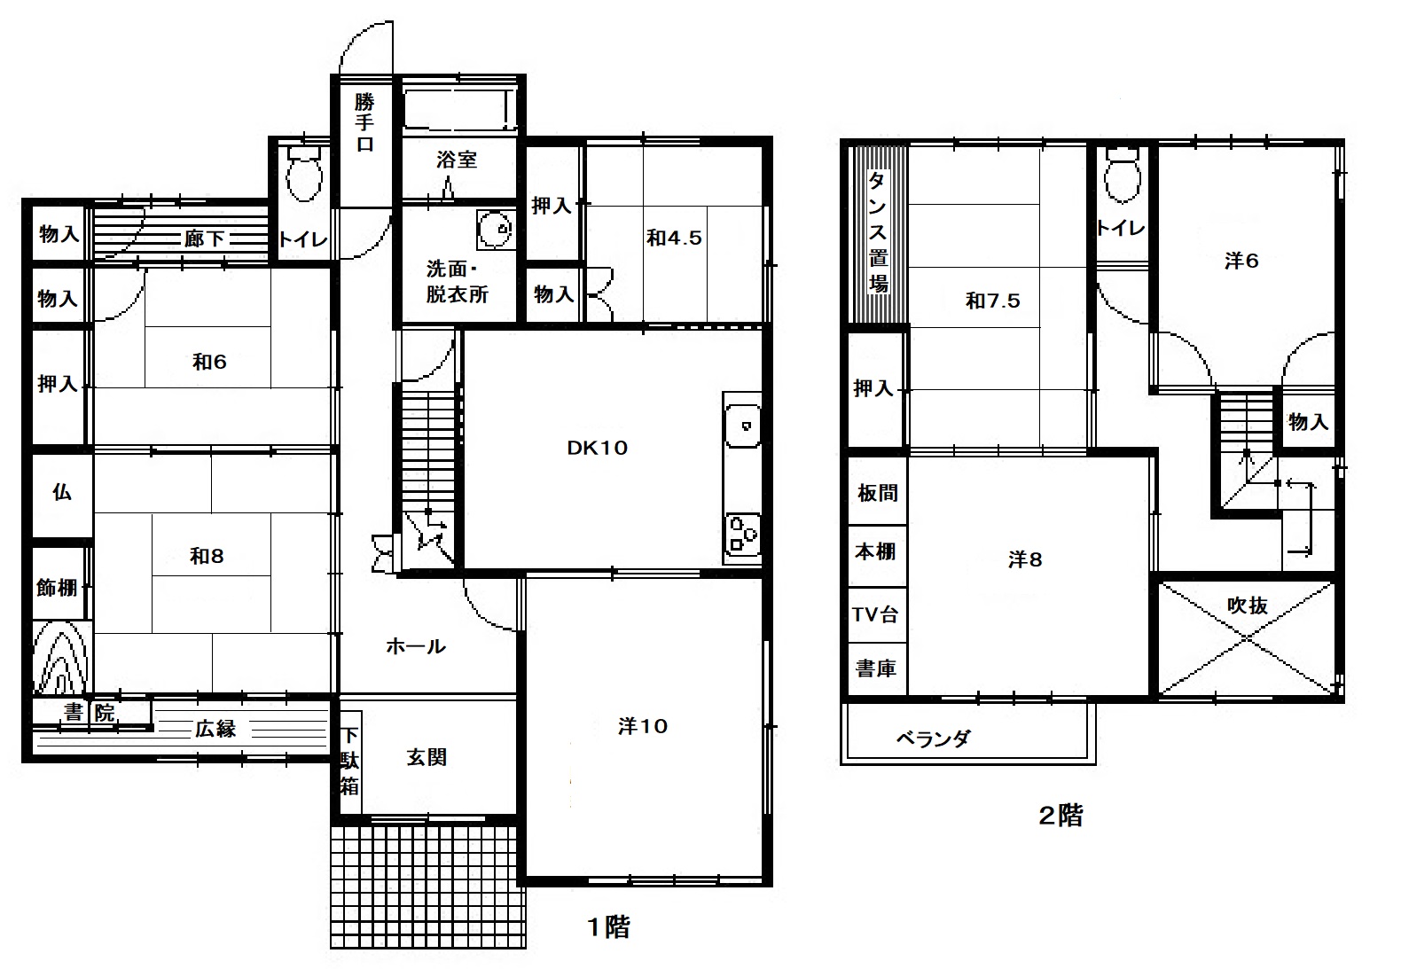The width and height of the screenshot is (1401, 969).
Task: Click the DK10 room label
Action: pos(597,448)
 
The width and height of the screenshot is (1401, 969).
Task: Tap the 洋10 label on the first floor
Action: pos(642,726)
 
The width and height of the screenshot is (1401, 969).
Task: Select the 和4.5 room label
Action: pos(674,238)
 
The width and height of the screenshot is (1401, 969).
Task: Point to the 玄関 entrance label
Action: pos(427,757)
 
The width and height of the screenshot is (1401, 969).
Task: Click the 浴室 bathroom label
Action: pos(457,160)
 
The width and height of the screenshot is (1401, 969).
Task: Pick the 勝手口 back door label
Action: pos(364,122)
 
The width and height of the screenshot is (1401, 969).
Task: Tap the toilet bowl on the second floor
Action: pos(1123,175)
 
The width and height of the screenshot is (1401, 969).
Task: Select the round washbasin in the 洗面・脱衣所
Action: pos(496,230)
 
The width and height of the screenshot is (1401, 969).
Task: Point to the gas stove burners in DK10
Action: pos(742,535)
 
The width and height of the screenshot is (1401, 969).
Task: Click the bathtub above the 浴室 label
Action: pos(459,110)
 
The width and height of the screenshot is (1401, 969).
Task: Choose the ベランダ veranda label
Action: pos(933,739)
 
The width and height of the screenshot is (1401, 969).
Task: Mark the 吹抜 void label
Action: pos(1247,606)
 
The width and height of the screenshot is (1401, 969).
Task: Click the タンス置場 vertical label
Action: pos(878,232)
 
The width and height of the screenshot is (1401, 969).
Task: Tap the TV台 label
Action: pos(875,614)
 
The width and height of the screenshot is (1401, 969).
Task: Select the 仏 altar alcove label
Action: pos(61,492)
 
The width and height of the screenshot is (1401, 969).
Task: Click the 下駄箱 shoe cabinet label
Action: pos(349,761)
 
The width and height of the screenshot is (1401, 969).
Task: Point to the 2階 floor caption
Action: pos(1061,816)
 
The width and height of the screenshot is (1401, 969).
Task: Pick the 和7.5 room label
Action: pos(992,301)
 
